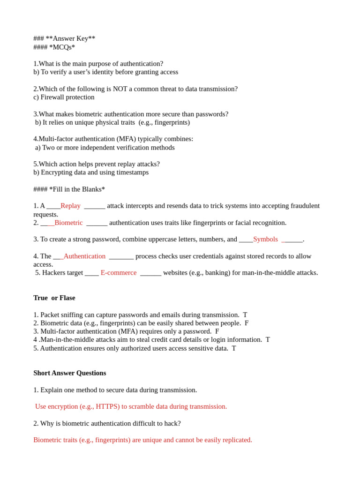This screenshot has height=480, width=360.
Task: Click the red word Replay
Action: [x=70, y=206]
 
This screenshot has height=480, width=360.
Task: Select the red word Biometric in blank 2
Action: [x=68, y=223]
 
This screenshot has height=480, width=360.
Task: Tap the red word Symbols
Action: [x=265, y=239]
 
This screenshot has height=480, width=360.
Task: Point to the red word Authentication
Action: [x=84, y=256]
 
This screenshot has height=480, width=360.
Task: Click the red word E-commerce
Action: [x=119, y=273]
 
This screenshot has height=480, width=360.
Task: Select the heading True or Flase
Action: [x=54, y=298]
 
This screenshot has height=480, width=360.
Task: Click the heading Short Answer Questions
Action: [x=69, y=373]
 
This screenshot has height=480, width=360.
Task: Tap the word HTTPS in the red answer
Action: [x=107, y=406]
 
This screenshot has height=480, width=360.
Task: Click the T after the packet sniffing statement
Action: [x=245, y=315]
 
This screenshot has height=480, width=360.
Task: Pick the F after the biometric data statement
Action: [x=247, y=323]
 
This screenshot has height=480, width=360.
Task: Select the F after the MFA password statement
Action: [x=217, y=331]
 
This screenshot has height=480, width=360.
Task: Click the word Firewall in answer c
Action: [x=53, y=97]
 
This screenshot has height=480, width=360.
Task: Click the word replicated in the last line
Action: [x=236, y=440]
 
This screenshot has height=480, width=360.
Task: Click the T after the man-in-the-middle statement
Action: [x=268, y=339]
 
